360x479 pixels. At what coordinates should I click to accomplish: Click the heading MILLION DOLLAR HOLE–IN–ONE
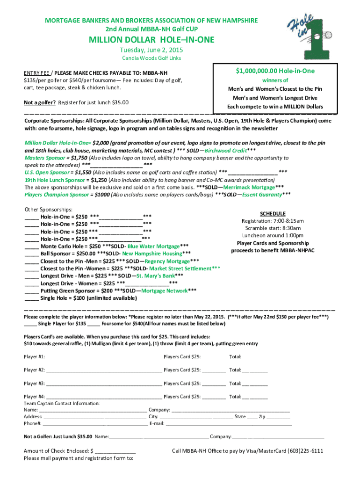click(x=152, y=40)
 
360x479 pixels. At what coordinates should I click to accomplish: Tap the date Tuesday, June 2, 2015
click(x=152, y=50)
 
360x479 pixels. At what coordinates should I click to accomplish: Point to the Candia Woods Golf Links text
click(x=151, y=58)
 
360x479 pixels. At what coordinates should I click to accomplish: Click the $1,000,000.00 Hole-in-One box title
click(x=275, y=71)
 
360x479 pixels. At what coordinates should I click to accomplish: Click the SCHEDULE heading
click(x=272, y=213)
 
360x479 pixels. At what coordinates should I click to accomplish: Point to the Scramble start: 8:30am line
click(x=272, y=228)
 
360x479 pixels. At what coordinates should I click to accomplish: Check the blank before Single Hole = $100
click(x=31, y=298)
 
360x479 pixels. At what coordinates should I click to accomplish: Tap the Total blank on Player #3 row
click(x=255, y=384)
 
